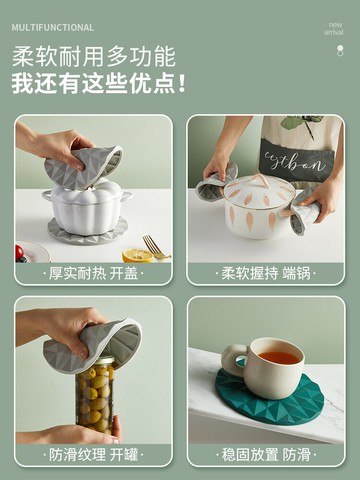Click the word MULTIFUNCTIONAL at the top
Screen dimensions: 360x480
[x=52, y=27]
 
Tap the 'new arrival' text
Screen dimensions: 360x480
[x=334, y=29]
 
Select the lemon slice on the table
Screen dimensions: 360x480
[x=138, y=256]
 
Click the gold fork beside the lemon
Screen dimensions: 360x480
[x=155, y=247]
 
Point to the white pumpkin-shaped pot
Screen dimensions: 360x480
[x=87, y=207]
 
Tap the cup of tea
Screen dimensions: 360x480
[x=265, y=368]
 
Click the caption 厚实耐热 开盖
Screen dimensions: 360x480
[x=93, y=274]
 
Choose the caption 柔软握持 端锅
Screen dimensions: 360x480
[x=266, y=274]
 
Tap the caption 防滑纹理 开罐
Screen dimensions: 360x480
[x=93, y=455]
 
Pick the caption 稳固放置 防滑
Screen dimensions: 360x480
[x=266, y=455]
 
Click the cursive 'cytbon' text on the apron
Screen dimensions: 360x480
[x=295, y=163]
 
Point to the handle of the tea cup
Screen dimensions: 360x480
[x=234, y=359]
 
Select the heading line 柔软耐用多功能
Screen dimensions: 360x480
[x=94, y=57]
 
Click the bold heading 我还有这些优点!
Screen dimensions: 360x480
[x=98, y=83]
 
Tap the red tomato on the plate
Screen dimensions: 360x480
[x=19, y=252]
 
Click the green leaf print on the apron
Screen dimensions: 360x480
[x=300, y=123]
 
